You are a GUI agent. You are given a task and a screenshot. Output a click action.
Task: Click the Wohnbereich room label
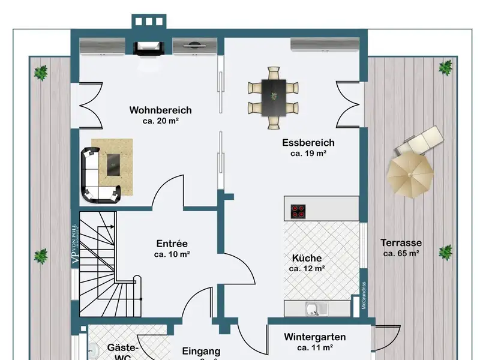[x=160, y=110]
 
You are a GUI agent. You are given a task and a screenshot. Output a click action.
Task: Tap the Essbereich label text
[x=308, y=143]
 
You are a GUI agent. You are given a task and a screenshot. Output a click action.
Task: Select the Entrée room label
[x=172, y=244]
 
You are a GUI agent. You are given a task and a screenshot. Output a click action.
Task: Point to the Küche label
[x=307, y=258]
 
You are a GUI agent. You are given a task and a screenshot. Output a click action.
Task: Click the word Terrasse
[x=401, y=243]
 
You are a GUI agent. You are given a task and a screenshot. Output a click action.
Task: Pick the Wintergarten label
[x=314, y=337]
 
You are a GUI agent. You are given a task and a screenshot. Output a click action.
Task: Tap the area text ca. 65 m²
[x=401, y=253]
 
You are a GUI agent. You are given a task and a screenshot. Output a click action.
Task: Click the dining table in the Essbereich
[x=273, y=97]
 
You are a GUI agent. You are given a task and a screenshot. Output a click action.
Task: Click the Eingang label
[x=201, y=352]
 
